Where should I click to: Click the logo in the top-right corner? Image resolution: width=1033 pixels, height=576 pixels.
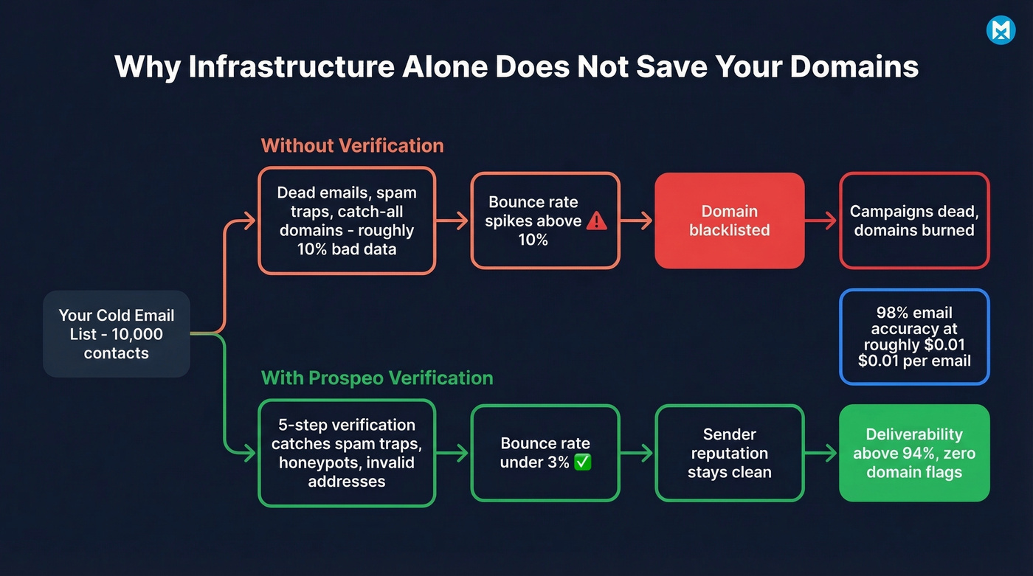[x=1001, y=30]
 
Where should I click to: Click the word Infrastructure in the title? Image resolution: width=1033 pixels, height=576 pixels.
[x=291, y=67]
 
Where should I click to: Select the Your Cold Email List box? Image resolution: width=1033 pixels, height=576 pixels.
[x=117, y=334]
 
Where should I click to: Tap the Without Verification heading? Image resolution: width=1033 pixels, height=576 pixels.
[x=352, y=145]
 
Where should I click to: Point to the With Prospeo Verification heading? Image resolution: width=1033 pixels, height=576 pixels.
[x=377, y=378]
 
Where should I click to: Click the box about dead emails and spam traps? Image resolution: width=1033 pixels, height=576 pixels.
[x=347, y=221]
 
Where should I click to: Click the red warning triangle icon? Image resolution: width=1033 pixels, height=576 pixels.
[x=596, y=221]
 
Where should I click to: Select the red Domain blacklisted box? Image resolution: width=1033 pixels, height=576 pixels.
[x=729, y=221]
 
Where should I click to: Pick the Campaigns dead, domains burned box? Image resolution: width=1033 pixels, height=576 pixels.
[x=914, y=221]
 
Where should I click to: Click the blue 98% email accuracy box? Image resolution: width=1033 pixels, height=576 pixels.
[x=914, y=336]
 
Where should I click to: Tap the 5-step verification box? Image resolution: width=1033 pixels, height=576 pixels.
[x=347, y=453]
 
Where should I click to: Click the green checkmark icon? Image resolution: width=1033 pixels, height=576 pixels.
[x=582, y=462]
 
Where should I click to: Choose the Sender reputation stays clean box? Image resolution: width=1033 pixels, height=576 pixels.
[x=729, y=453]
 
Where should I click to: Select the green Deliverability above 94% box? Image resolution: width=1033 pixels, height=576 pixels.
[x=914, y=453]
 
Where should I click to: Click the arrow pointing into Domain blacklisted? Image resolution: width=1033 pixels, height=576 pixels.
[x=638, y=221]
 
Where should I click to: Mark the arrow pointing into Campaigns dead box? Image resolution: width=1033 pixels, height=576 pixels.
[x=822, y=221]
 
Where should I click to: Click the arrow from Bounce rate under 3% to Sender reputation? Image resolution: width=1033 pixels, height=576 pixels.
[x=638, y=453]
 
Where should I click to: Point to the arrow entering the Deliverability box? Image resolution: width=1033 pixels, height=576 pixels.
[x=822, y=453]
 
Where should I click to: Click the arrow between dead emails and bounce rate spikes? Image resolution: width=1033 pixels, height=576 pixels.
[x=453, y=221]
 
